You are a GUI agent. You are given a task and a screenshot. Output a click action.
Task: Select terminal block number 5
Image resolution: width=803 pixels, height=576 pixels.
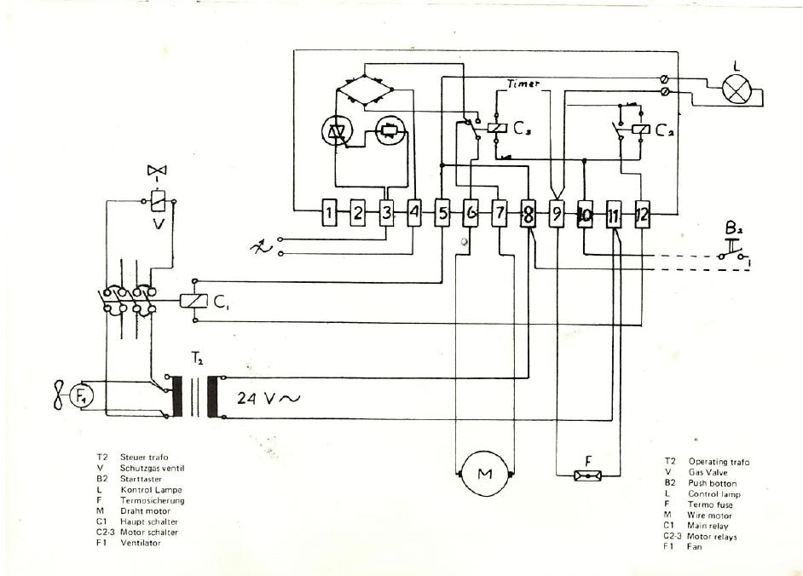[442, 213]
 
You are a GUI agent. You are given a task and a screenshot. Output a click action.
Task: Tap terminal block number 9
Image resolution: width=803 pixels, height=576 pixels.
[556, 214]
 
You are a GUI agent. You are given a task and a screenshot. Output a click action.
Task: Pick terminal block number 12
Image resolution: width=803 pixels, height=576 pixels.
[642, 214]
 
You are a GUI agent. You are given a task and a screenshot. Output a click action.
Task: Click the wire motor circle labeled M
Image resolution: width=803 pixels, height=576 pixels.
[484, 475]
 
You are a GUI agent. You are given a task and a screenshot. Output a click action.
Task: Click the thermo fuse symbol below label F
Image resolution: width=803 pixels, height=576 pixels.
[587, 475]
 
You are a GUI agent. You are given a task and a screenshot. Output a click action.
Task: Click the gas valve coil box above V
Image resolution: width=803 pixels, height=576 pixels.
[157, 201]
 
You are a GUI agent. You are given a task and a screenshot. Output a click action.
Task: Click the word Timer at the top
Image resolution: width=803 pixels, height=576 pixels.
[523, 84]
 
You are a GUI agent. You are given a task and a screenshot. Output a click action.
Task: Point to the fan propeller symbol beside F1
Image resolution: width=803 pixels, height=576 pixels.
[58, 395]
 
